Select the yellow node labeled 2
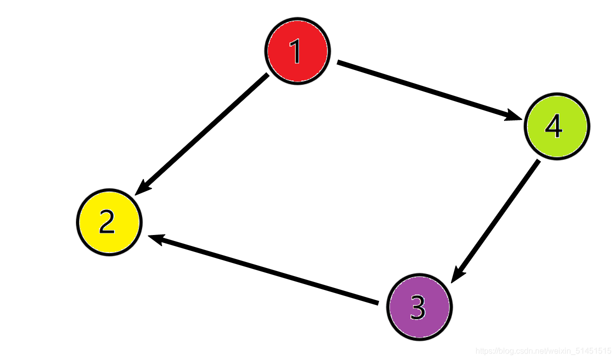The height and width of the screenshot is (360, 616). (x=109, y=222)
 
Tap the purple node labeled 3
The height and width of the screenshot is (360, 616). (x=419, y=307)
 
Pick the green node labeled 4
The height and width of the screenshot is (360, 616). (x=556, y=126)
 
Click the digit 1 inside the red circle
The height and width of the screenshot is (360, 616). (x=296, y=51)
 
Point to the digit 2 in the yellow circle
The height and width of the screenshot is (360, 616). (x=107, y=222)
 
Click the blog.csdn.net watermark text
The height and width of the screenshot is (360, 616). (x=543, y=351)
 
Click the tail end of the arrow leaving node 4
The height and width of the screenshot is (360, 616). (x=537, y=162)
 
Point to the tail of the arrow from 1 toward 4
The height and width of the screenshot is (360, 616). (x=339, y=62)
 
